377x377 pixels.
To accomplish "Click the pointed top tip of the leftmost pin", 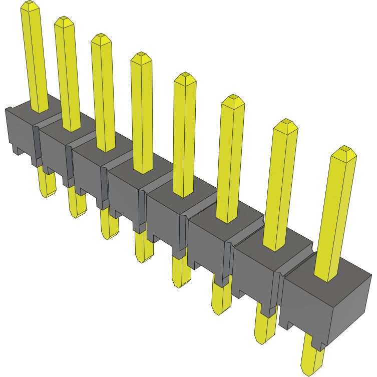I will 30,6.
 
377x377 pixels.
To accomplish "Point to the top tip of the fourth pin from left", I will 141,57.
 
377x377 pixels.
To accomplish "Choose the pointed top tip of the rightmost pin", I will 344,151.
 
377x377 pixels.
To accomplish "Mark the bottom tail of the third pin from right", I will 221,300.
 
